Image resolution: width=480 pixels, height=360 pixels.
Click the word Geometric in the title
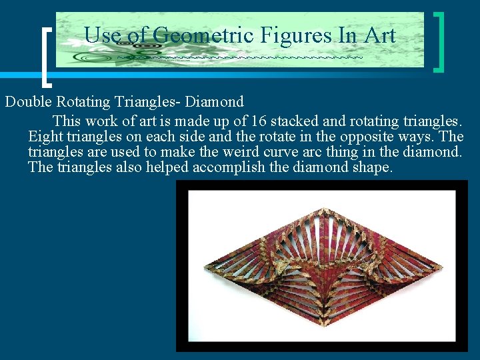tap(194, 35)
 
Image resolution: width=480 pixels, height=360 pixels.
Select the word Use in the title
tap(101, 35)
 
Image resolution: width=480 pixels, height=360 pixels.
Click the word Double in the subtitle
tap(29, 102)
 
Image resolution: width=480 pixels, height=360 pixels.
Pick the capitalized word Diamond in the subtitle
tap(215, 102)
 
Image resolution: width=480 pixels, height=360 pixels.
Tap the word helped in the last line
tap(169, 167)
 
